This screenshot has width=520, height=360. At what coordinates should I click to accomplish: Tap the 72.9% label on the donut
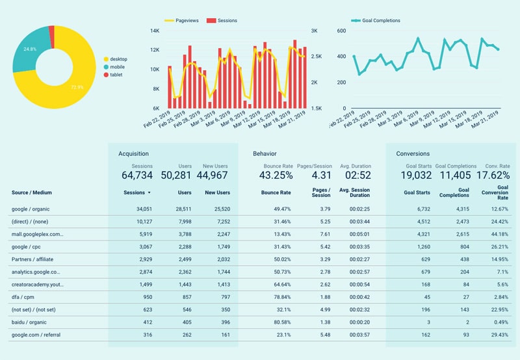(x=77, y=86)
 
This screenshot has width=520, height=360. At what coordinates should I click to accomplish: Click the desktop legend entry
(x=118, y=59)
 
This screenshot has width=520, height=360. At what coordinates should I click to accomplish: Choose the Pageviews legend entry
(x=185, y=21)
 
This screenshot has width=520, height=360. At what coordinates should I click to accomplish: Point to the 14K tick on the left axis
(x=155, y=31)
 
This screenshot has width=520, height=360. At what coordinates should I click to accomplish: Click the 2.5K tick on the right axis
(x=317, y=57)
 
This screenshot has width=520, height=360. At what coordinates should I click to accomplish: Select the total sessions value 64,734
(x=137, y=175)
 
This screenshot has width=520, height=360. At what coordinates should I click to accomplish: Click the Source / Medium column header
(x=31, y=192)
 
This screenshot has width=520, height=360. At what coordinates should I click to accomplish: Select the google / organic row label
(x=30, y=209)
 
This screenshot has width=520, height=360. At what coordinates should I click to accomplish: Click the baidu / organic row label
(x=28, y=322)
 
